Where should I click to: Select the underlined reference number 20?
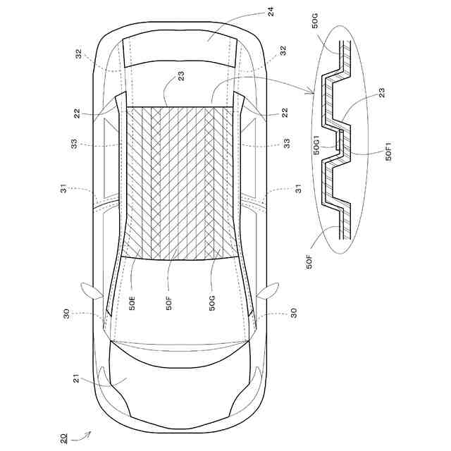(64, 438)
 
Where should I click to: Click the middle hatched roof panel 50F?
(173, 183)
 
